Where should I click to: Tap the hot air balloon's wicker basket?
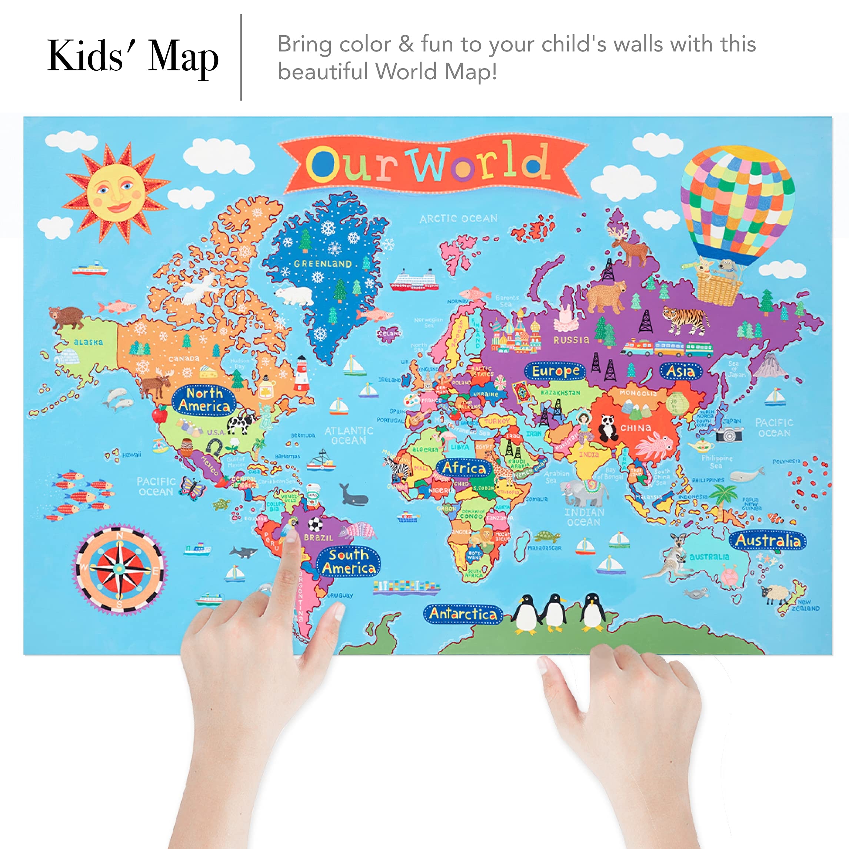coord(717,287)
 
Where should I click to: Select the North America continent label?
coord(204,400)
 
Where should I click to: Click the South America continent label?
coord(348,562)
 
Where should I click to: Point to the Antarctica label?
coord(463,614)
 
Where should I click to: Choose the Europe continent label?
coord(555,371)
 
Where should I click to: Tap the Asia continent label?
coord(680,371)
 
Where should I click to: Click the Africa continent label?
coord(464,468)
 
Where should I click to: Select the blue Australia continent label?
coord(768,541)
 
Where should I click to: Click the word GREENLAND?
coord(323,264)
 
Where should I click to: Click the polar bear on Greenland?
coord(292,295)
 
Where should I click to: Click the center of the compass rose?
coord(119,569)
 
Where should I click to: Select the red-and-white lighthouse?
coord(301,374)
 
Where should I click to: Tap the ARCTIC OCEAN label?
coord(458,218)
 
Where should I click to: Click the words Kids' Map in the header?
coord(133,56)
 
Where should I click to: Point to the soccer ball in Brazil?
coord(315,524)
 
